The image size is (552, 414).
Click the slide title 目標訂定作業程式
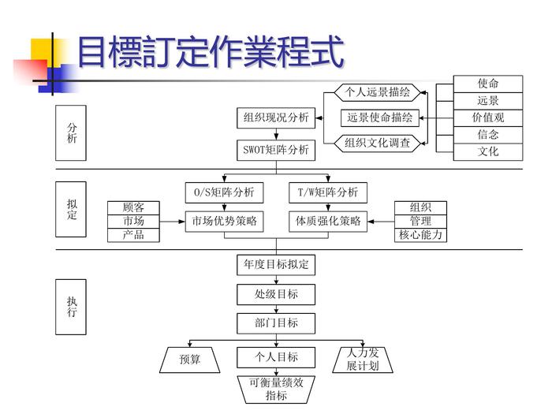pos(211,52)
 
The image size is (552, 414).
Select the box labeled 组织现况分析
pos(276,118)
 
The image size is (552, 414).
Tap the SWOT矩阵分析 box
pos(276,149)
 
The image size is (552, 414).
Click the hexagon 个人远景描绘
pos(378,92)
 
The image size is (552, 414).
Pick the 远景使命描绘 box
pos(380,117)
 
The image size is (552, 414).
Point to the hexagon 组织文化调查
pos(378,144)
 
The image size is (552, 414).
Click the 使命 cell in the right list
pos(488,84)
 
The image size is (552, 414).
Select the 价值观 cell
pos(488,117)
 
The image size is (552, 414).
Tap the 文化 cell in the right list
pos(488,151)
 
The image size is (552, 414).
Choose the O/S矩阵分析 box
pos(225,192)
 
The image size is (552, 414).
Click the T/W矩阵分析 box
pos(327,192)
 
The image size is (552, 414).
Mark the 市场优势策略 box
pos(225,222)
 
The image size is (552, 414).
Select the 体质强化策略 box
pos(328,222)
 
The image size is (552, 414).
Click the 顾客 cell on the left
pos(133,207)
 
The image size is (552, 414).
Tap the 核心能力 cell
pos(420,235)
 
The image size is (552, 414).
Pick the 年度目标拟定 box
pos(276,264)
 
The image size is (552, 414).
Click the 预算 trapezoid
pos(190,360)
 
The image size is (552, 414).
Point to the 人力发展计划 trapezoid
pos(363,360)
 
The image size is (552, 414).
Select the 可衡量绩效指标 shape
pos(276,390)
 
